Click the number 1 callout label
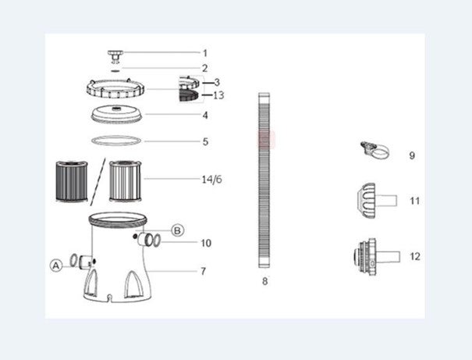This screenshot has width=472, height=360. (205, 53)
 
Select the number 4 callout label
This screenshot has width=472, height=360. (205, 116)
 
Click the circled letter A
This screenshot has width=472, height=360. (56, 266)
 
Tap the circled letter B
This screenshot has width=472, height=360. (177, 230)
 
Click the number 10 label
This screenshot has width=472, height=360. (205, 243)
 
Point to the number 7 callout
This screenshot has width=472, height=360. (203, 271)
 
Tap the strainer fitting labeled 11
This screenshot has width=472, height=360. (372, 199)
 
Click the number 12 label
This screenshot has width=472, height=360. (414, 255)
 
